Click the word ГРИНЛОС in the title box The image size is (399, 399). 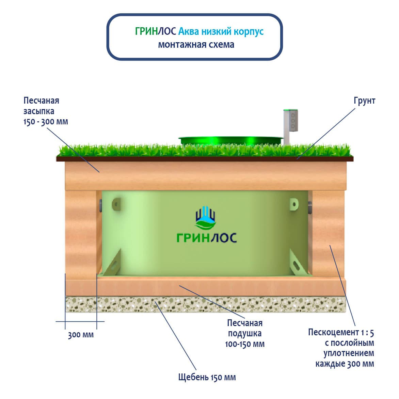155,31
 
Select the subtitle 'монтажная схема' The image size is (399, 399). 196,45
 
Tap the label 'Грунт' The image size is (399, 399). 364,101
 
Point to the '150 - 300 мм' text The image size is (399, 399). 46,122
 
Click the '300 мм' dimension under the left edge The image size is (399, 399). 81,335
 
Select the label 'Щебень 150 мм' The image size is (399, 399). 207,377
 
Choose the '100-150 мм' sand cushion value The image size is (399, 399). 244,344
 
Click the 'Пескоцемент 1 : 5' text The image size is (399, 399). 341,332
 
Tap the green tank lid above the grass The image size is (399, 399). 230,140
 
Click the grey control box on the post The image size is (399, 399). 291,121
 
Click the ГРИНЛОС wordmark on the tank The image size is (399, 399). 207,237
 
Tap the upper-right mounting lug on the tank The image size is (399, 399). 294,204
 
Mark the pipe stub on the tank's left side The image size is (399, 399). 100,206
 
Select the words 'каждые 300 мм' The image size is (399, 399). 345,364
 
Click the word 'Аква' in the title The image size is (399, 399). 188,31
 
